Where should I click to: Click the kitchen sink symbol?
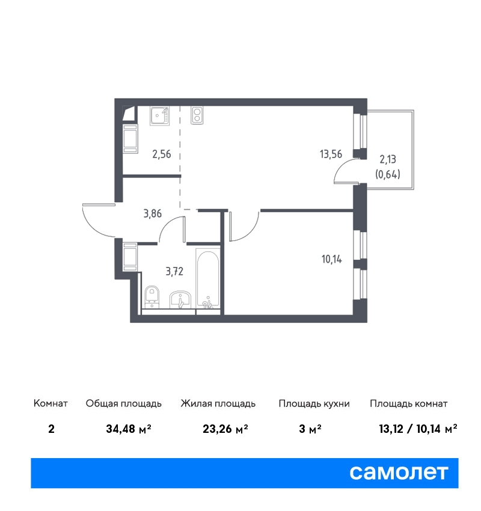point(160,115)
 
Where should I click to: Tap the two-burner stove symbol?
point(197,115)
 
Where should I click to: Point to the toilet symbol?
point(152,296)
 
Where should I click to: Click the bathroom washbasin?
point(180,300)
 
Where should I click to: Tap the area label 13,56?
point(331,154)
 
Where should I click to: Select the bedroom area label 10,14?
point(331,259)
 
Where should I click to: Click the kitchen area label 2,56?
point(162,154)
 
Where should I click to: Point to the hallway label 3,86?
point(153,213)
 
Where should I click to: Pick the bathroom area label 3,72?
point(174,271)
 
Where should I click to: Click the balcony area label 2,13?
point(388,159)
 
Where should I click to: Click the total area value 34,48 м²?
point(129,429)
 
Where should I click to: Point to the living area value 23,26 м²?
point(225,429)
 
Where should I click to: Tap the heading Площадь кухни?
point(314,404)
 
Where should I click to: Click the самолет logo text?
point(399,473)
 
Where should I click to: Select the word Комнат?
point(51,403)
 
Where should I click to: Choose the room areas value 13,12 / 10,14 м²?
point(418,429)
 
